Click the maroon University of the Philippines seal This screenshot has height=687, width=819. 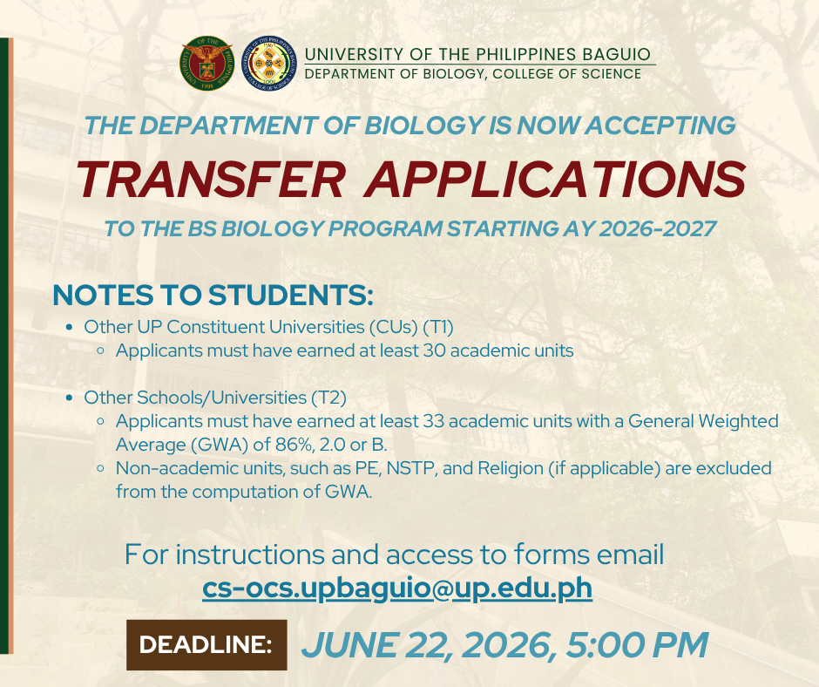[206, 64]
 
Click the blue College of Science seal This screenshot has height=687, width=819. [269, 64]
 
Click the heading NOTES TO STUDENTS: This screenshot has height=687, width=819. [213, 295]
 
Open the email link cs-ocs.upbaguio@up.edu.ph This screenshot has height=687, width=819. [397, 588]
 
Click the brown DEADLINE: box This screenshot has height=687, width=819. [206, 644]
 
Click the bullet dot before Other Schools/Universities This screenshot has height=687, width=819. [70, 398]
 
